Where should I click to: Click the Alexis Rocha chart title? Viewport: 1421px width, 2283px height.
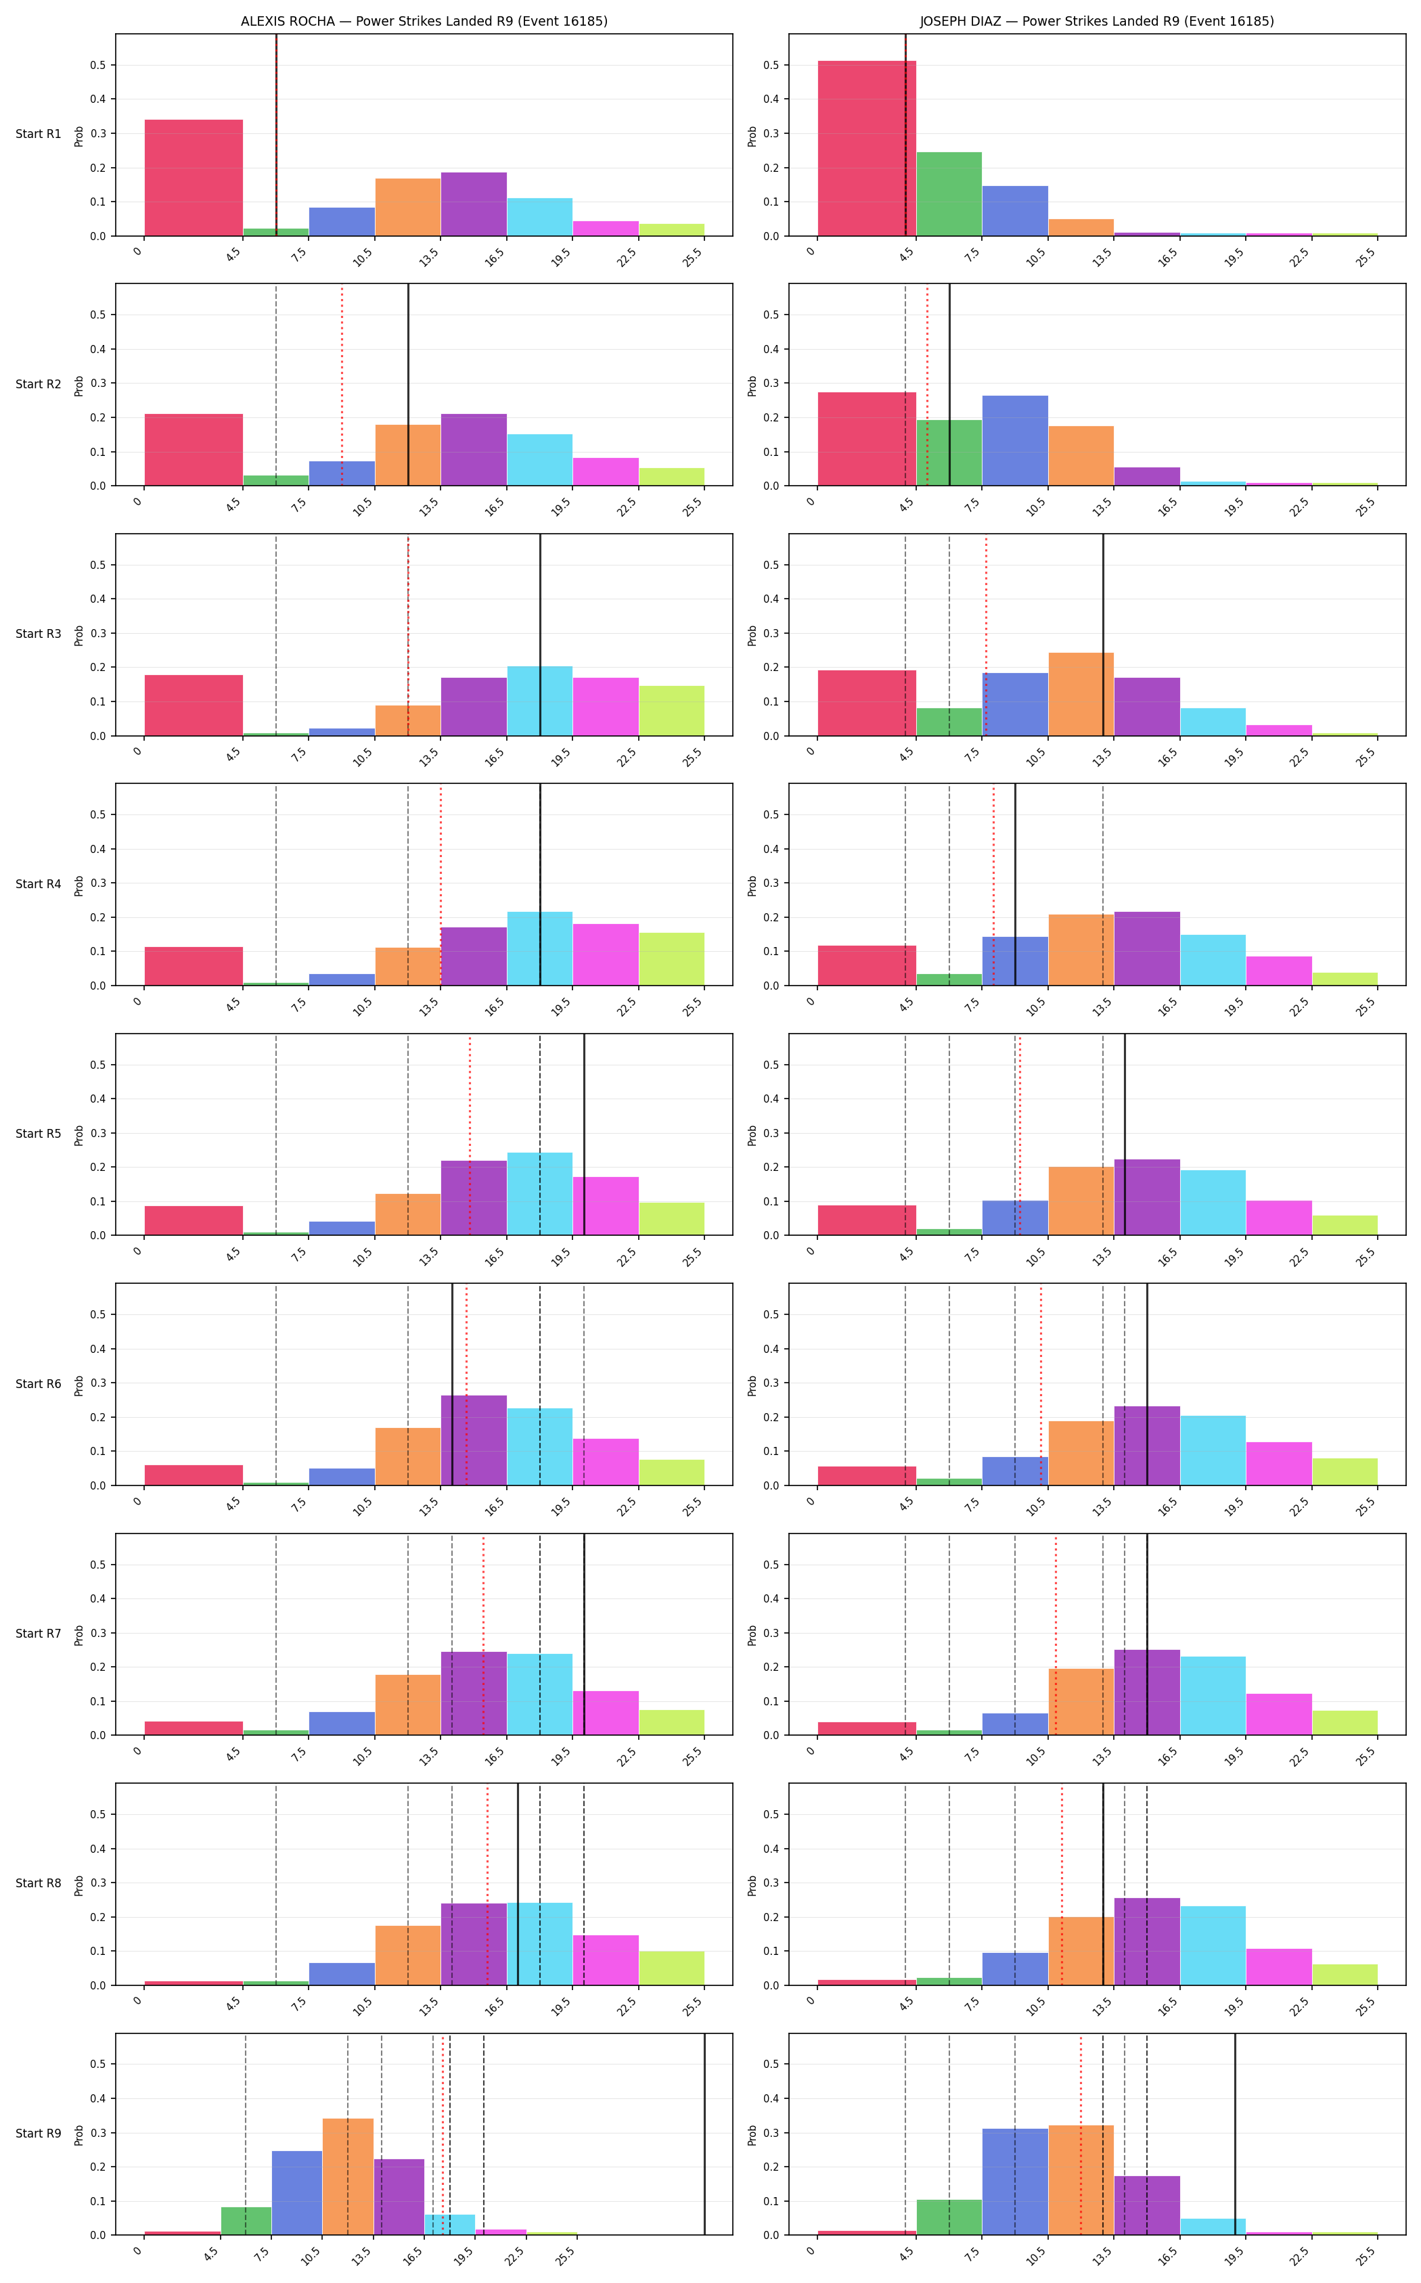[x=424, y=21]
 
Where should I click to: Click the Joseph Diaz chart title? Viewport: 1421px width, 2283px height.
[x=1097, y=21]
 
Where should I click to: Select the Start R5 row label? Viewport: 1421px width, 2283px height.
[x=39, y=1134]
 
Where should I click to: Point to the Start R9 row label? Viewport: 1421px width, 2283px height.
[x=39, y=2134]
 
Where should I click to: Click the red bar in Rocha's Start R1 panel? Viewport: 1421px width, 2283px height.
[x=194, y=177]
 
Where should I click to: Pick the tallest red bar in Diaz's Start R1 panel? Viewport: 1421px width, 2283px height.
[x=867, y=148]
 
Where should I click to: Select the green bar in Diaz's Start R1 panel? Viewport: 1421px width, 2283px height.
[x=949, y=193]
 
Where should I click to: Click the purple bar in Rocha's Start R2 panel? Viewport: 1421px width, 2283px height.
[x=474, y=450]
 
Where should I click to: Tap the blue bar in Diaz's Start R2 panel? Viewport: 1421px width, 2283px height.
[x=1015, y=440]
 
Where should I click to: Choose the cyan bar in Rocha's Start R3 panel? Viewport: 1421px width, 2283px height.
[x=539, y=701]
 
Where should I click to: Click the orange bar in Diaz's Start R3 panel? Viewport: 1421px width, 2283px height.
[x=1081, y=694]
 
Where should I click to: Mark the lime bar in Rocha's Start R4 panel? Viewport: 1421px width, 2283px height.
[x=671, y=959]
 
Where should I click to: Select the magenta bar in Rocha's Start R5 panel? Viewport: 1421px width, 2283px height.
[x=605, y=1206]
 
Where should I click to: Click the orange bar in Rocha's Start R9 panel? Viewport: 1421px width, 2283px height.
[x=348, y=2177]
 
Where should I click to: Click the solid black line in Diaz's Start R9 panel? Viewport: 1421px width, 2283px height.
[x=1235, y=2135]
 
